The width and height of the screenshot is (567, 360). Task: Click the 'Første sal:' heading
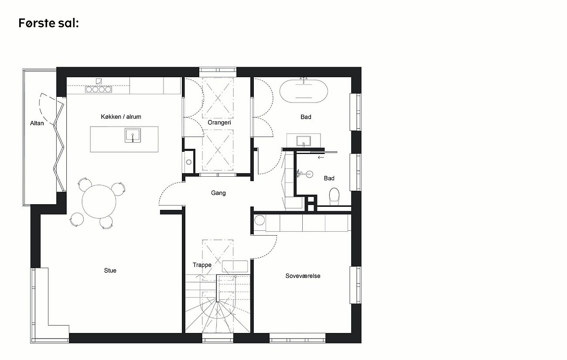coord(48,23)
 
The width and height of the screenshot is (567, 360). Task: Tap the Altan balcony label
coord(37,123)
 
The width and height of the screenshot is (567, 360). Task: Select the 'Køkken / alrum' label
coord(121,117)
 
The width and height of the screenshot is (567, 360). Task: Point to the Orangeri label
coord(219,123)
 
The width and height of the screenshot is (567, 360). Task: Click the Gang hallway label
coord(218,193)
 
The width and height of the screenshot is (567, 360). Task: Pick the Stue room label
coord(110,271)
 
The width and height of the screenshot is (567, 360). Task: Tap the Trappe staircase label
coord(202,265)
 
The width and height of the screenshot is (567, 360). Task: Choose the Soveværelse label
coord(303,276)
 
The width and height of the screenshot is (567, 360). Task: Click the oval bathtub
coord(304,91)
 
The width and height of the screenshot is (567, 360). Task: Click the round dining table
coord(99,202)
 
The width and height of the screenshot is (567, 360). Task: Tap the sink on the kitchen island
coord(133,135)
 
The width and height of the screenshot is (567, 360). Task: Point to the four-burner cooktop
coord(98,89)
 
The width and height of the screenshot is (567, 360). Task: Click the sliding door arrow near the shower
coord(321,157)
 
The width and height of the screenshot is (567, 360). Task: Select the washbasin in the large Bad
coord(304,141)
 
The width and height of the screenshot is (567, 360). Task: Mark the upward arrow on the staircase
coord(202,278)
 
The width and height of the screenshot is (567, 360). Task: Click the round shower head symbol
coord(309,174)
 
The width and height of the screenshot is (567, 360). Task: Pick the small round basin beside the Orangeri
coord(189,162)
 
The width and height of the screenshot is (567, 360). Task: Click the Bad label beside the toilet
coord(329,178)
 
